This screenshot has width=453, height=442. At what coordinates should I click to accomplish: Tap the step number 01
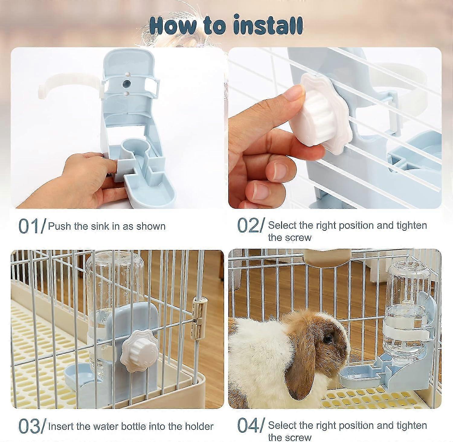point(29,226)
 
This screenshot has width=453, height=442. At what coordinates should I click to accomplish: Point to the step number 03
point(29,426)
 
